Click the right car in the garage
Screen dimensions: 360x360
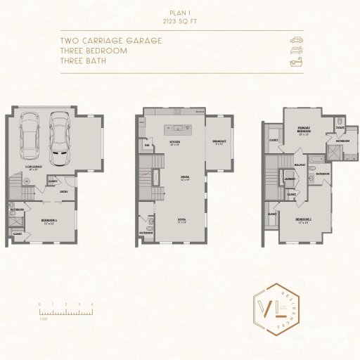[59, 136]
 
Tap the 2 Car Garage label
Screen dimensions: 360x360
[33, 168]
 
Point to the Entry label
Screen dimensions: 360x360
[63, 191]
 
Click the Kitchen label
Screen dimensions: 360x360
[175, 143]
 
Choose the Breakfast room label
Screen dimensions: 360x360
[219, 142]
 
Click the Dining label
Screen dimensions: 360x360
[185, 177]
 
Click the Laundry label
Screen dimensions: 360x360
[290, 179]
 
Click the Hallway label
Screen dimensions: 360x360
[299, 167]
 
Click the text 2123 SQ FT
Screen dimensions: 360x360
[180, 22]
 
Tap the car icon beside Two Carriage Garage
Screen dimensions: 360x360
[296, 40]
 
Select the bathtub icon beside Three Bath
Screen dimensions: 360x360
[296, 63]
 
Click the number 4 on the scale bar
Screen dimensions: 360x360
[92, 304]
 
